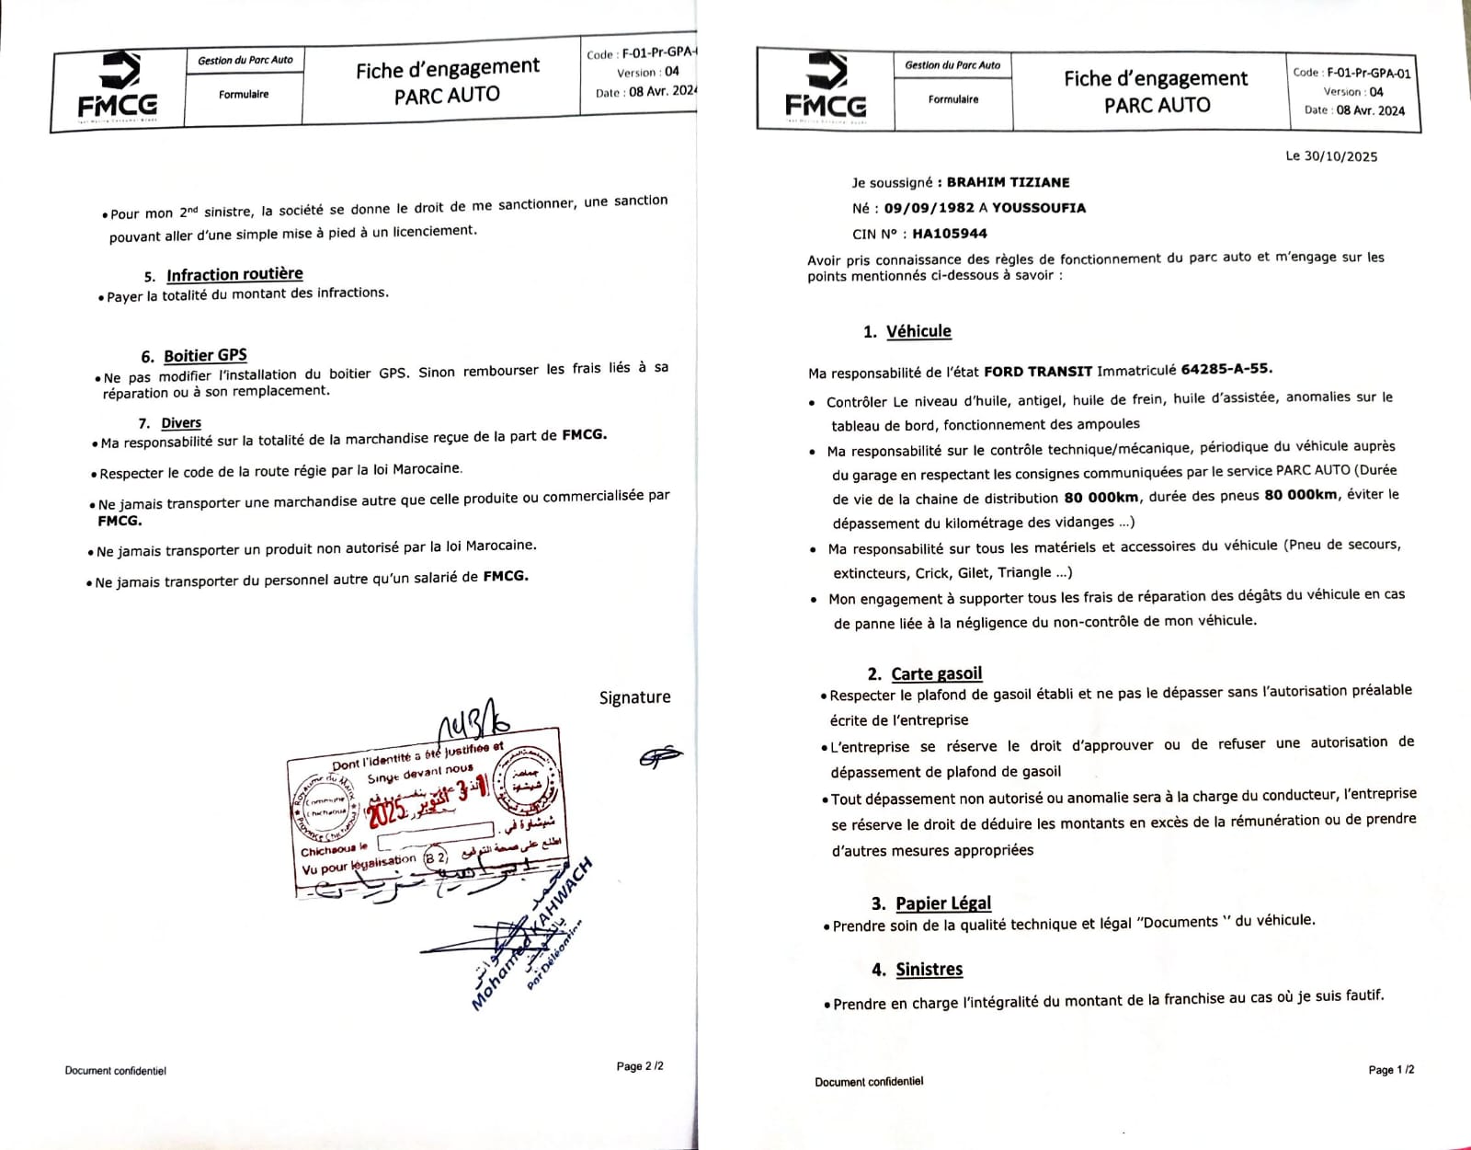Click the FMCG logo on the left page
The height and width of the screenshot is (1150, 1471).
tap(118, 86)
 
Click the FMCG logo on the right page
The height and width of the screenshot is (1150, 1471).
tap(826, 88)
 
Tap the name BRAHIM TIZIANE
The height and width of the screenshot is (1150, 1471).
tap(1008, 182)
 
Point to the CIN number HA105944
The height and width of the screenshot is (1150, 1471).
tap(950, 234)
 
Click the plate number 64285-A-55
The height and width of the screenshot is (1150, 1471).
tap(1226, 369)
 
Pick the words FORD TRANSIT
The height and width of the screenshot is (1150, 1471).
tap(1038, 372)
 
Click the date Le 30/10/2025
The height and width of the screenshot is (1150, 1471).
tap(1331, 156)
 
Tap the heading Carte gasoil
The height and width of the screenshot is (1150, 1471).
tap(936, 673)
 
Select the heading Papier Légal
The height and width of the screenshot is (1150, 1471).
tap(943, 903)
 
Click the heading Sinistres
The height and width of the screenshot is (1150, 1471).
tap(929, 970)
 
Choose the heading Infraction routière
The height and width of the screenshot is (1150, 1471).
tap(234, 274)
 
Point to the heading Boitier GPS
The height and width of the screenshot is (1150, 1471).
tap(205, 356)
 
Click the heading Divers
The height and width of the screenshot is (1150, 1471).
tap(181, 423)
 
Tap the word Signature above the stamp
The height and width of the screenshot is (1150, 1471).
tap(634, 697)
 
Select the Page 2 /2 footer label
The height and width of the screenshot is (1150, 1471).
tap(640, 1066)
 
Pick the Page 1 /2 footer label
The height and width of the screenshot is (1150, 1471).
tap(1391, 1070)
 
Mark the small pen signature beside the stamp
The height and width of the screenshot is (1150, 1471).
tap(660, 756)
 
